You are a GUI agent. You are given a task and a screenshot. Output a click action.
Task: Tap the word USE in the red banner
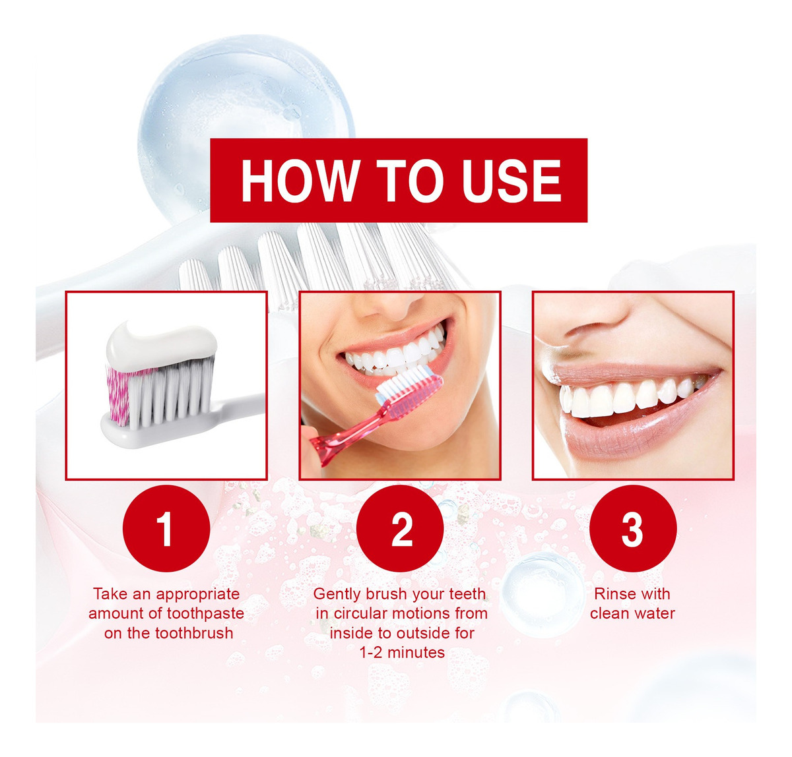pos(511,180)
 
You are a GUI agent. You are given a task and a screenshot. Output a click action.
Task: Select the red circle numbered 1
pos(166,528)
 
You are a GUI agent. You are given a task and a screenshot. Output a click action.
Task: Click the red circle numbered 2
pos(400,528)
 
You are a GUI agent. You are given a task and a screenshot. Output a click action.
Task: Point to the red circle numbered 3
pos(633,528)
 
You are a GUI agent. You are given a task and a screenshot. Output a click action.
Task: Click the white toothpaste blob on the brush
pos(161,346)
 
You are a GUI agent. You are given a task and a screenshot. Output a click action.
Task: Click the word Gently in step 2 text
pos(337,594)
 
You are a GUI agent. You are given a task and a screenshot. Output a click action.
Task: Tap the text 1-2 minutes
pos(402,653)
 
